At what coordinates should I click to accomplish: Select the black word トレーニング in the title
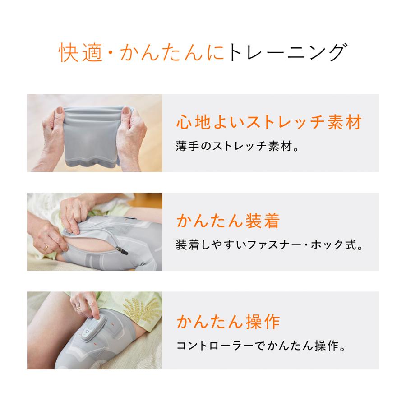tap(287, 53)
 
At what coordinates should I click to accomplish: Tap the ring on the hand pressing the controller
tap(78, 306)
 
